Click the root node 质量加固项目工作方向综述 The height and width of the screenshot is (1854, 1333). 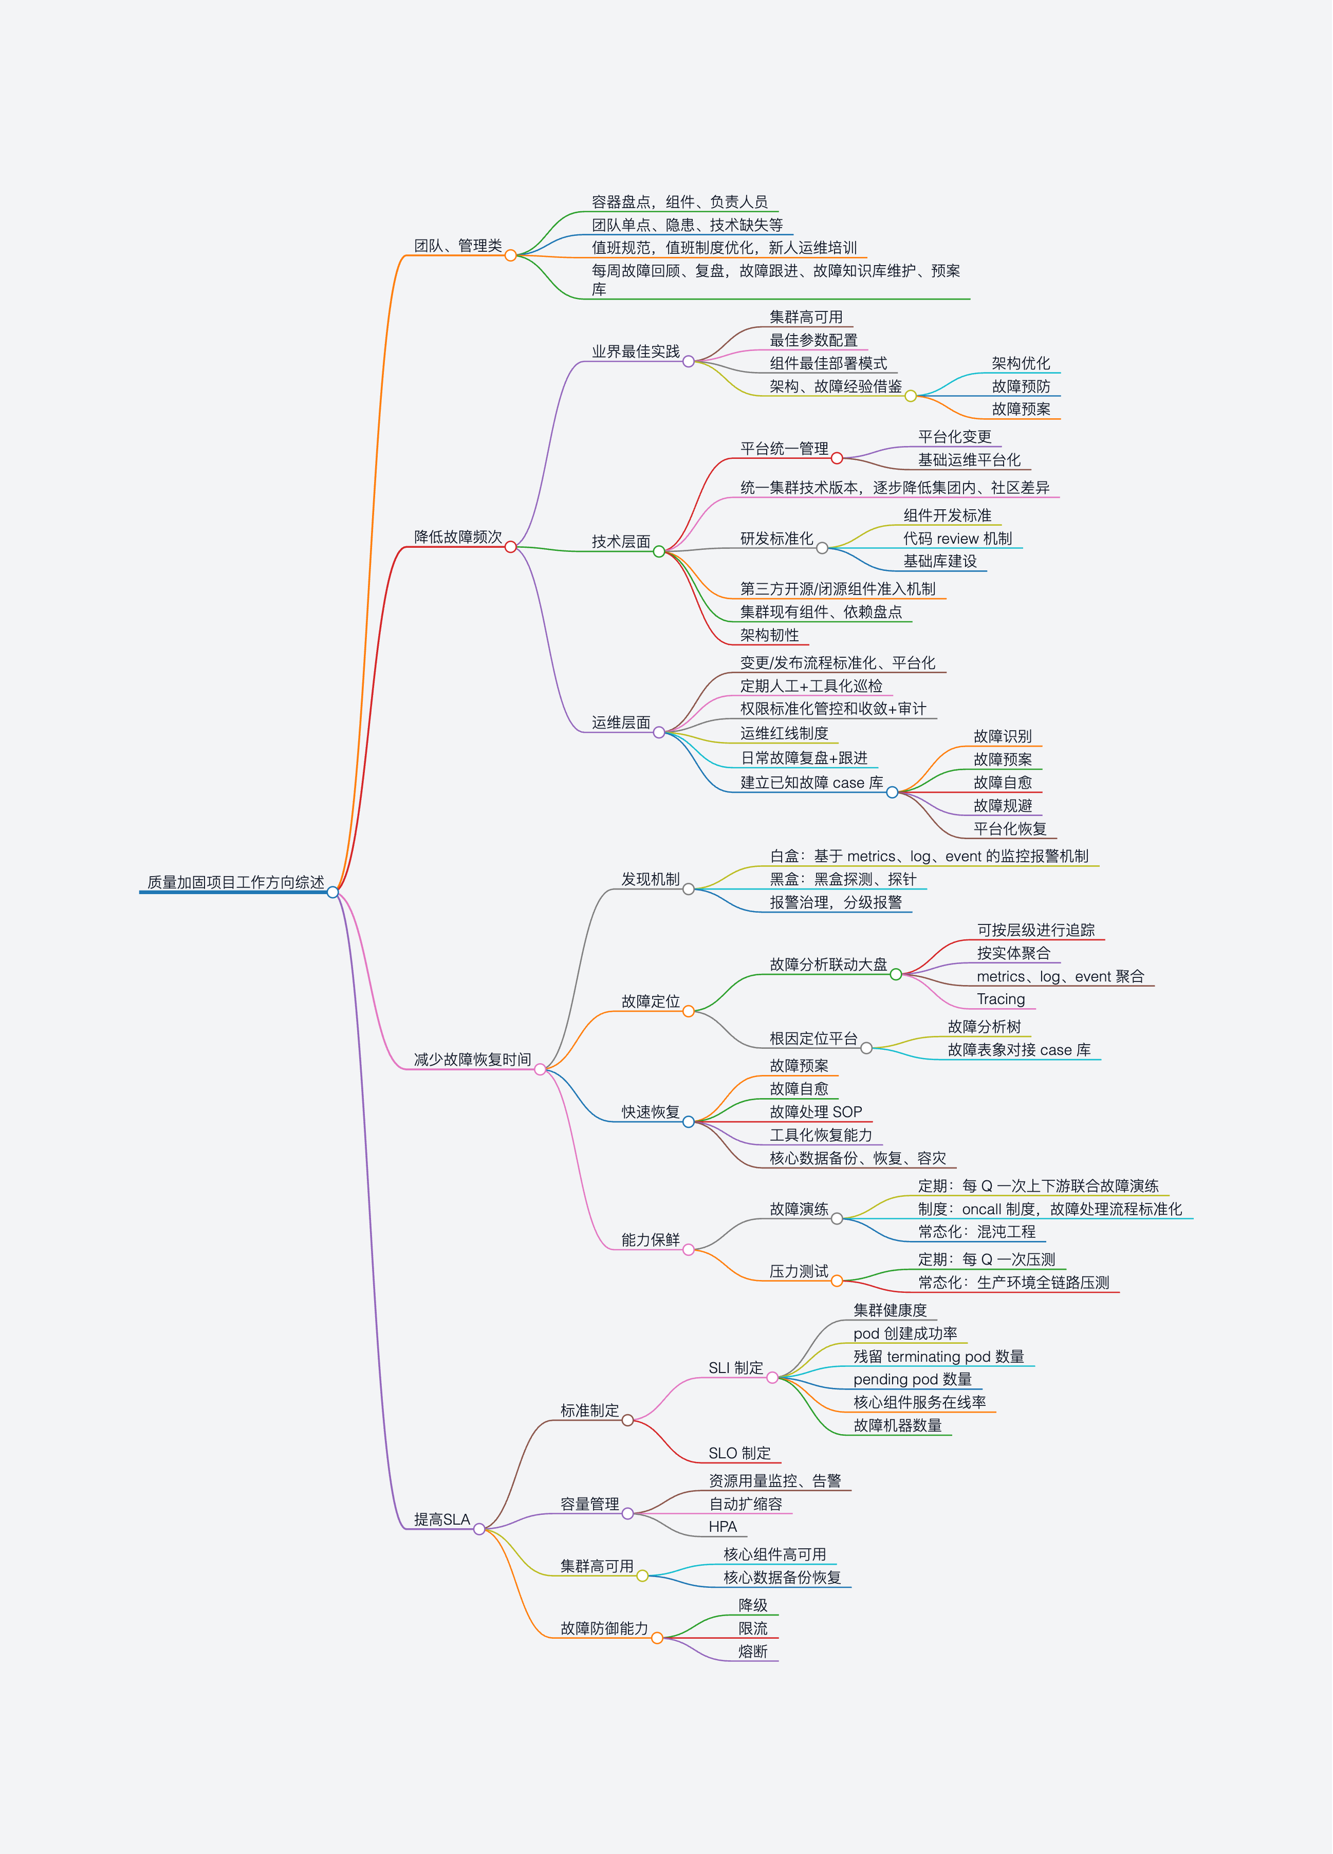tap(235, 882)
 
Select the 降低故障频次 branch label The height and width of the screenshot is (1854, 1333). tap(458, 537)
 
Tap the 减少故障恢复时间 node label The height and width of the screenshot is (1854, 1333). tap(472, 1060)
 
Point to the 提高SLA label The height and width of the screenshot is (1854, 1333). tap(441, 1519)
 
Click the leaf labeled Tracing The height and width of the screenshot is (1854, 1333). tap(1001, 999)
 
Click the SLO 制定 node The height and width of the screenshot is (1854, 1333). tap(739, 1453)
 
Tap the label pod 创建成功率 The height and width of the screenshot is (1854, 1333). tap(905, 1333)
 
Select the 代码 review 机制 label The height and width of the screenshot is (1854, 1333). tap(957, 539)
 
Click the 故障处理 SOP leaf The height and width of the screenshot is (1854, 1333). tap(816, 1112)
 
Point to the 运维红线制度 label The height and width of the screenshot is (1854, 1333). tap(784, 733)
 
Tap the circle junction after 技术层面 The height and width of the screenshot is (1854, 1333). tap(659, 552)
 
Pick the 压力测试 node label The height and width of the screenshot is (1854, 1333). tap(799, 1271)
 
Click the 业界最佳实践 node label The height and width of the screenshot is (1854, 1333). tap(636, 351)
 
